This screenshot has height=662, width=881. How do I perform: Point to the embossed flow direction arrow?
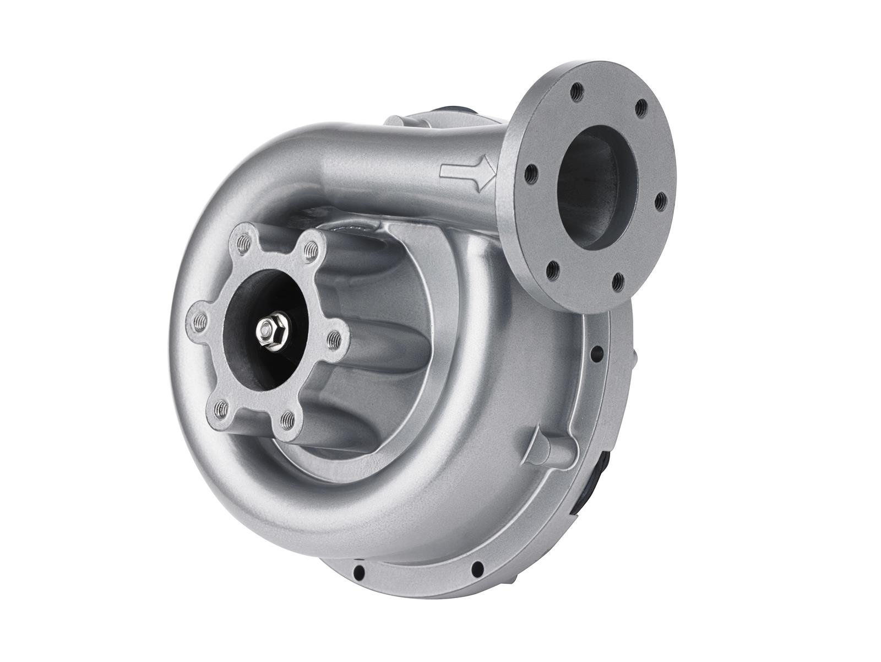[467, 172]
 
